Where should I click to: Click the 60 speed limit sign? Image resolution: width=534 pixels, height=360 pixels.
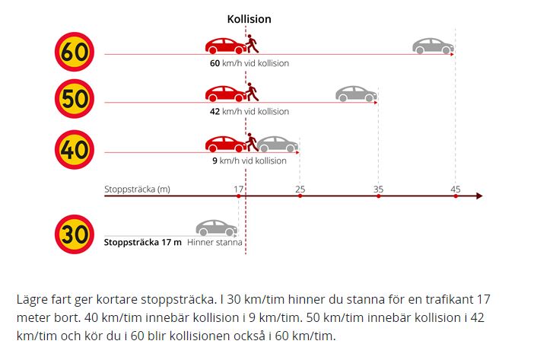(x=75, y=52)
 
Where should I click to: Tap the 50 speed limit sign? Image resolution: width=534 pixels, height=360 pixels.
(x=75, y=99)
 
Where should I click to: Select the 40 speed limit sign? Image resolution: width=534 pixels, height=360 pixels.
(x=75, y=149)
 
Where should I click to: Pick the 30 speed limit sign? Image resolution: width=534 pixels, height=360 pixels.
(x=75, y=234)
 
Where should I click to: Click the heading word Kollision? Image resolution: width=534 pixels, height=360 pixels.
(x=250, y=19)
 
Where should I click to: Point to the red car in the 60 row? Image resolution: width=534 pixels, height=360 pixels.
(x=225, y=46)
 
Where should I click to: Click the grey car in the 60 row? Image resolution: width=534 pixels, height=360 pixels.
(x=433, y=46)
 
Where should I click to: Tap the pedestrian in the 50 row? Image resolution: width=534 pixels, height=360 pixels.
(x=252, y=92)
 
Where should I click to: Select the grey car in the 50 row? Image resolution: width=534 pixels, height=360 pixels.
(x=356, y=94)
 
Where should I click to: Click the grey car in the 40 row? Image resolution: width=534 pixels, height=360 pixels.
(x=278, y=145)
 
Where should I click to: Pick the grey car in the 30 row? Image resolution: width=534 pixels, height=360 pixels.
(x=216, y=228)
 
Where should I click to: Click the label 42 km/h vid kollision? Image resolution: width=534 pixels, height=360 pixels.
(x=250, y=111)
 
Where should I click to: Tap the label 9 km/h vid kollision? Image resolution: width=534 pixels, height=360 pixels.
(x=250, y=161)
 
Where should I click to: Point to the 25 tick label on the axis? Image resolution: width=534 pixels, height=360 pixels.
(x=300, y=190)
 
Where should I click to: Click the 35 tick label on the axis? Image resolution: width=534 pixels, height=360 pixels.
(x=378, y=190)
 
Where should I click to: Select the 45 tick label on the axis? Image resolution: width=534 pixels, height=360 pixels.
(x=456, y=190)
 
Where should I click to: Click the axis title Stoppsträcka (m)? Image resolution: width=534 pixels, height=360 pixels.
(x=137, y=190)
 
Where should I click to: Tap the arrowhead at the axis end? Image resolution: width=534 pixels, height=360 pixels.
(x=479, y=196)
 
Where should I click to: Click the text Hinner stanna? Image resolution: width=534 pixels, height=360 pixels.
(x=215, y=243)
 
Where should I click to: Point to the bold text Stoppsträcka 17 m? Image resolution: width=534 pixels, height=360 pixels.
(x=143, y=243)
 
